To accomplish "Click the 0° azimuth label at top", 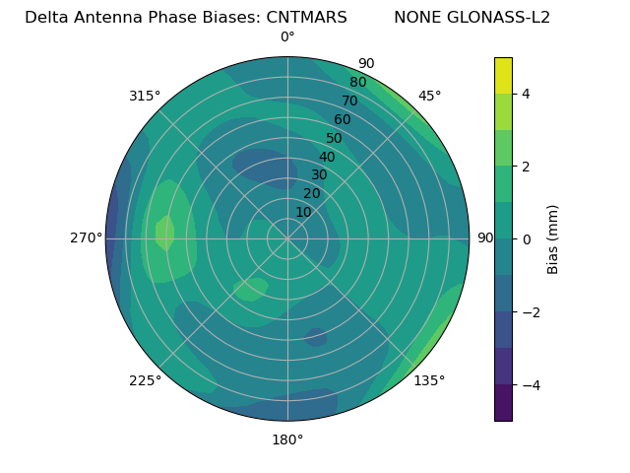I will pyautogui.click(x=287, y=37).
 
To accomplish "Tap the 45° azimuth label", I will pyautogui.click(x=430, y=96).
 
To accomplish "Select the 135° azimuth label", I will pyautogui.click(x=429, y=380).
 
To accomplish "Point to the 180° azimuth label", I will pyautogui.click(x=287, y=439).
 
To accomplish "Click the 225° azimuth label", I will pyautogui.click(x=145, y=381).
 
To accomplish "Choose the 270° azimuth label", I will pyautogui.click(x=87, y=237).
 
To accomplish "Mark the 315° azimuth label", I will pyautogui.click(x=145, y=96).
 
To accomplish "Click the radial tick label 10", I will pyautogui.click(x=303, y=212).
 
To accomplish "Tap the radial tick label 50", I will pyautogui.click(x=334, y=139).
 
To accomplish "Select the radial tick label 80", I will pyautogui.click(x=357, y=83).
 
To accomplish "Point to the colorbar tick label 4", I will pyautogui.click(x=526, y=94).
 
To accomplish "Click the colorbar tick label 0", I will pyautogui.click(x=526, y=238).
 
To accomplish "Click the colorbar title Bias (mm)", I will pyautogui.click(x=553, y=238).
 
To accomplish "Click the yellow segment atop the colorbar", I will pyautogui.click(x=503, y=75).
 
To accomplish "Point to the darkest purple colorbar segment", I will pyautogui.click(x=503, y=403).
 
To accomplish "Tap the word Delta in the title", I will pyautogui.click(x=46, y=18).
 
